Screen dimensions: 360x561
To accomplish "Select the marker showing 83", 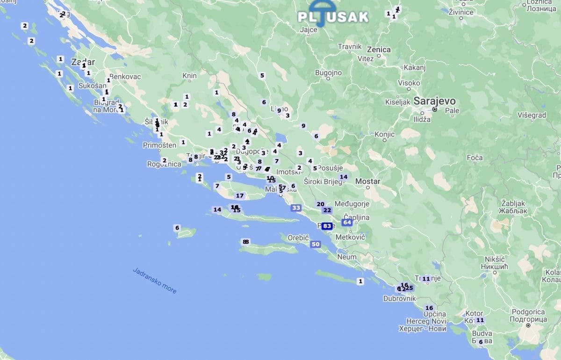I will tap(327, 226).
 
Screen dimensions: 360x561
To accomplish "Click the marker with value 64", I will tap(347, 222).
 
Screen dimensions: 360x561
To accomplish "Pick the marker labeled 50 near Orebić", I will tap(316, 244).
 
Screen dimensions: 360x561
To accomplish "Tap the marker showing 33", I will tap(296, 208).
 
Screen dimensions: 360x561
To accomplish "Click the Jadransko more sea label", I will tap(154, 281).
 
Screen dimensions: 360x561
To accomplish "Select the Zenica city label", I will tap(379, 49).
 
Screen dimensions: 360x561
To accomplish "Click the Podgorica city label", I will tap(528, 312).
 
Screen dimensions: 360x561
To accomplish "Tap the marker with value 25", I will tap(409, 288).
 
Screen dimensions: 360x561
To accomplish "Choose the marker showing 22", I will tap(327, 210).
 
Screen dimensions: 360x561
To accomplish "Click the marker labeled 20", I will tap(320, 204).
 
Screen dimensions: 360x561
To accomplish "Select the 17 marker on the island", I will tap(240, 195).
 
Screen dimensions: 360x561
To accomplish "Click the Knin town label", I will tap(189, 75).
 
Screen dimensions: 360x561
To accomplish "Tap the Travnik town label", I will tap(350, 47).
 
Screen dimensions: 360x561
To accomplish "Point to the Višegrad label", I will tap(532, 115).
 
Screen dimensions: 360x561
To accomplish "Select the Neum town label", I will tap(346, 257).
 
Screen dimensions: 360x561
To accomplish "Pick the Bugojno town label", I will tap(328, 73).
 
